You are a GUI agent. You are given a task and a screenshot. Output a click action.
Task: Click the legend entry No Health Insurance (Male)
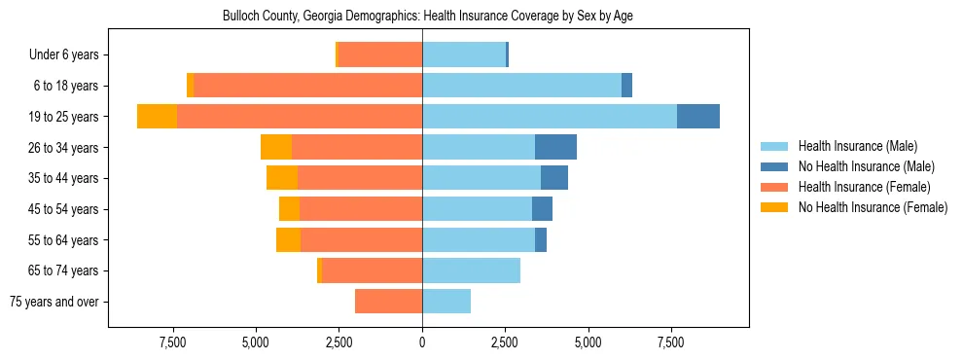[863, 167]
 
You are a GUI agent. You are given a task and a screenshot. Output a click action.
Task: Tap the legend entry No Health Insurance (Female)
[872, 207]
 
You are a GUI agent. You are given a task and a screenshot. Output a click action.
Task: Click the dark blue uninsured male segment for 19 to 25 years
[698, 117]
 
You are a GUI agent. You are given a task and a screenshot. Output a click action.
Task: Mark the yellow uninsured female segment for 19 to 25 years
[158, 117]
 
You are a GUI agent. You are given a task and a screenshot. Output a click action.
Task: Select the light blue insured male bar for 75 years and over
[446, 302]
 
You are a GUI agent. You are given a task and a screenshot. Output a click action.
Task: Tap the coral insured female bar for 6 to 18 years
[307, 86]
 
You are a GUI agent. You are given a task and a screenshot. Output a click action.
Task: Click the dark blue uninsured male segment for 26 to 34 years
[555, 147]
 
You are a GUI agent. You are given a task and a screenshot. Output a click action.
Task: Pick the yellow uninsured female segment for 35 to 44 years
[282, 178]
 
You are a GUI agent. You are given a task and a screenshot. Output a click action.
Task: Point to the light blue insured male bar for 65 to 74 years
[471, 270]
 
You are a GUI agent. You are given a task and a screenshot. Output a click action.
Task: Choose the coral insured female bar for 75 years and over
[388, 302]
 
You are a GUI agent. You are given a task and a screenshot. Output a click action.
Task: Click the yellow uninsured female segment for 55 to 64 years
[288, 239]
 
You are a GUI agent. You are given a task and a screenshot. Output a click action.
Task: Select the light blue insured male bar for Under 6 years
[464, 54]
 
